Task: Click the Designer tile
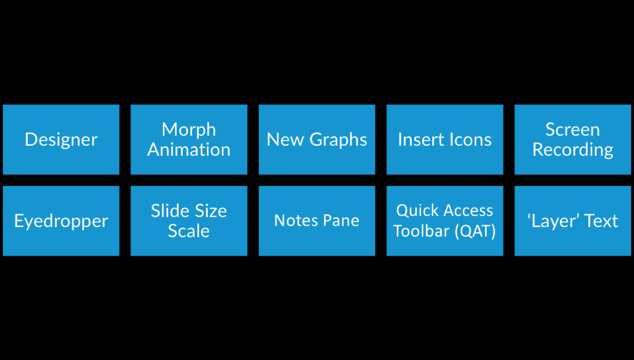(61, 140)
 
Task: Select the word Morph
(189, 130)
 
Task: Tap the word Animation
(189, 150)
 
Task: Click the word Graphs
(339, 140)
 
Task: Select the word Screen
(572, 130)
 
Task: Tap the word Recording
(572, 150)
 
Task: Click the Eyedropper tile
(61, 221)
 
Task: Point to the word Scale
(189, 231)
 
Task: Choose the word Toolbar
(422, 231)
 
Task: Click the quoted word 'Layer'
(553, 221)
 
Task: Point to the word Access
(468, 211)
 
